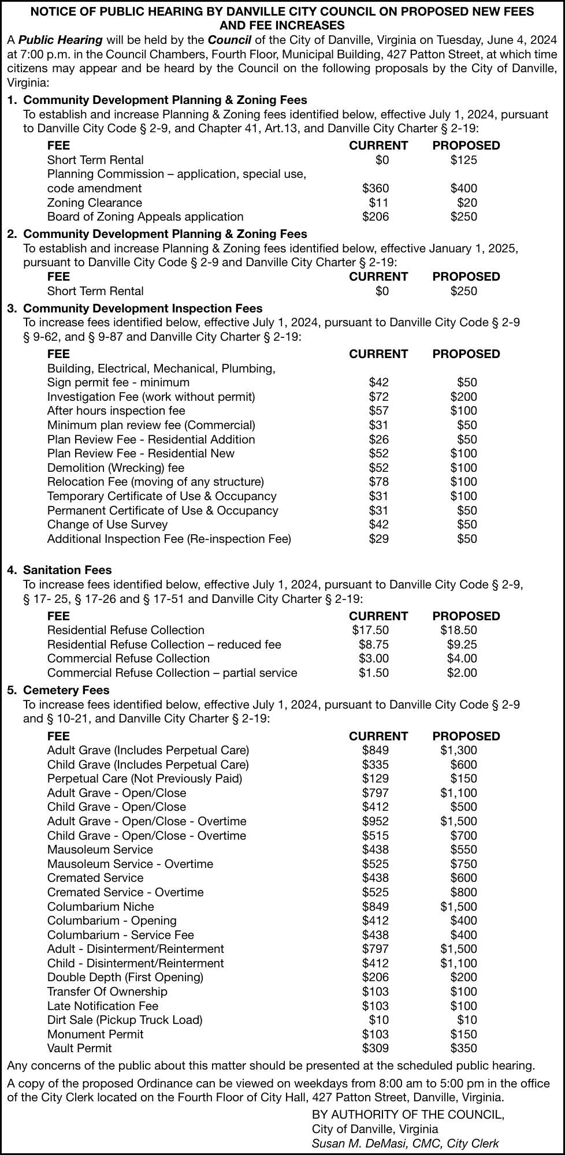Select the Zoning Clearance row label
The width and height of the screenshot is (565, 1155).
coord(94,203)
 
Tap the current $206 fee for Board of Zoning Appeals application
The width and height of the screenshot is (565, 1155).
coord(375,217)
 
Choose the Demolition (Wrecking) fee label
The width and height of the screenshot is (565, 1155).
coord(116,468)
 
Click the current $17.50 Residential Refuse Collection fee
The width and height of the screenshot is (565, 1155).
coord(370,630)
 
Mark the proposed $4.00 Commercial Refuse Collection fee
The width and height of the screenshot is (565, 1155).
coord(462,658)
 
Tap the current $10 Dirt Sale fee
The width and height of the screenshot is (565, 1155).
coord(378,1020)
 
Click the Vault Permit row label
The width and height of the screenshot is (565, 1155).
coord(79,1048)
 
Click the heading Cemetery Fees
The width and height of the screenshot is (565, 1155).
coord(66,690)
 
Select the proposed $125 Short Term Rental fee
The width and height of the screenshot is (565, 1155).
coord(463,160)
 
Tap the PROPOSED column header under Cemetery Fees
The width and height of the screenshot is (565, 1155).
coord(466,736)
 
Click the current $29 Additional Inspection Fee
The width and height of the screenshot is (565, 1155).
coord(378,539)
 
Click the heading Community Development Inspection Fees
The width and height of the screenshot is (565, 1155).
coord(143,308)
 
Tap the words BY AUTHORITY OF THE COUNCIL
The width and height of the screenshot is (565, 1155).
coord(408,1115)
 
